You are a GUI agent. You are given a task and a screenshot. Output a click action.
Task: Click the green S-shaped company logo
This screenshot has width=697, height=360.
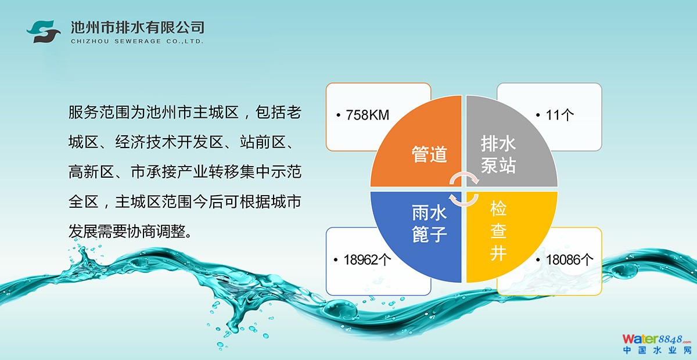44,31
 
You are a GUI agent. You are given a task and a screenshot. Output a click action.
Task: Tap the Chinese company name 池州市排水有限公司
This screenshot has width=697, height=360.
137,27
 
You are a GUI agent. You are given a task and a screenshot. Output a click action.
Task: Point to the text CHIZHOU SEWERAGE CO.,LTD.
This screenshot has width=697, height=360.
137,41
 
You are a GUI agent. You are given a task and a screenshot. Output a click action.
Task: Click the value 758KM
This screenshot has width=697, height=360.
368,115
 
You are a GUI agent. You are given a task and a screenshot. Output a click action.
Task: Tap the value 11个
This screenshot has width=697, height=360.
560,115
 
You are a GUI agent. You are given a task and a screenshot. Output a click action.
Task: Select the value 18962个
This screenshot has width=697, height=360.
367,260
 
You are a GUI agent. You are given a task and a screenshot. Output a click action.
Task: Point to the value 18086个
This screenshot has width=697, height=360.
570,260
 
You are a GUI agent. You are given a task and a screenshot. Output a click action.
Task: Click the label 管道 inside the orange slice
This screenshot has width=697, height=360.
430,154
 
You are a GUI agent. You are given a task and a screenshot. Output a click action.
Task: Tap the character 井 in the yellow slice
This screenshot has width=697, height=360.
498,253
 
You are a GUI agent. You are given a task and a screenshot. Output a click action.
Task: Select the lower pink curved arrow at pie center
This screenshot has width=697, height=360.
464,200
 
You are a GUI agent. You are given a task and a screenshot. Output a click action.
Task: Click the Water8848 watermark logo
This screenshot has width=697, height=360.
656,339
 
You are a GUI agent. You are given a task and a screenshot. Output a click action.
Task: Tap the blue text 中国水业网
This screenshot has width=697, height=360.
657,350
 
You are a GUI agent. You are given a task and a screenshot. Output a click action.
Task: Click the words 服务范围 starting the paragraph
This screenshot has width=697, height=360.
99,112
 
